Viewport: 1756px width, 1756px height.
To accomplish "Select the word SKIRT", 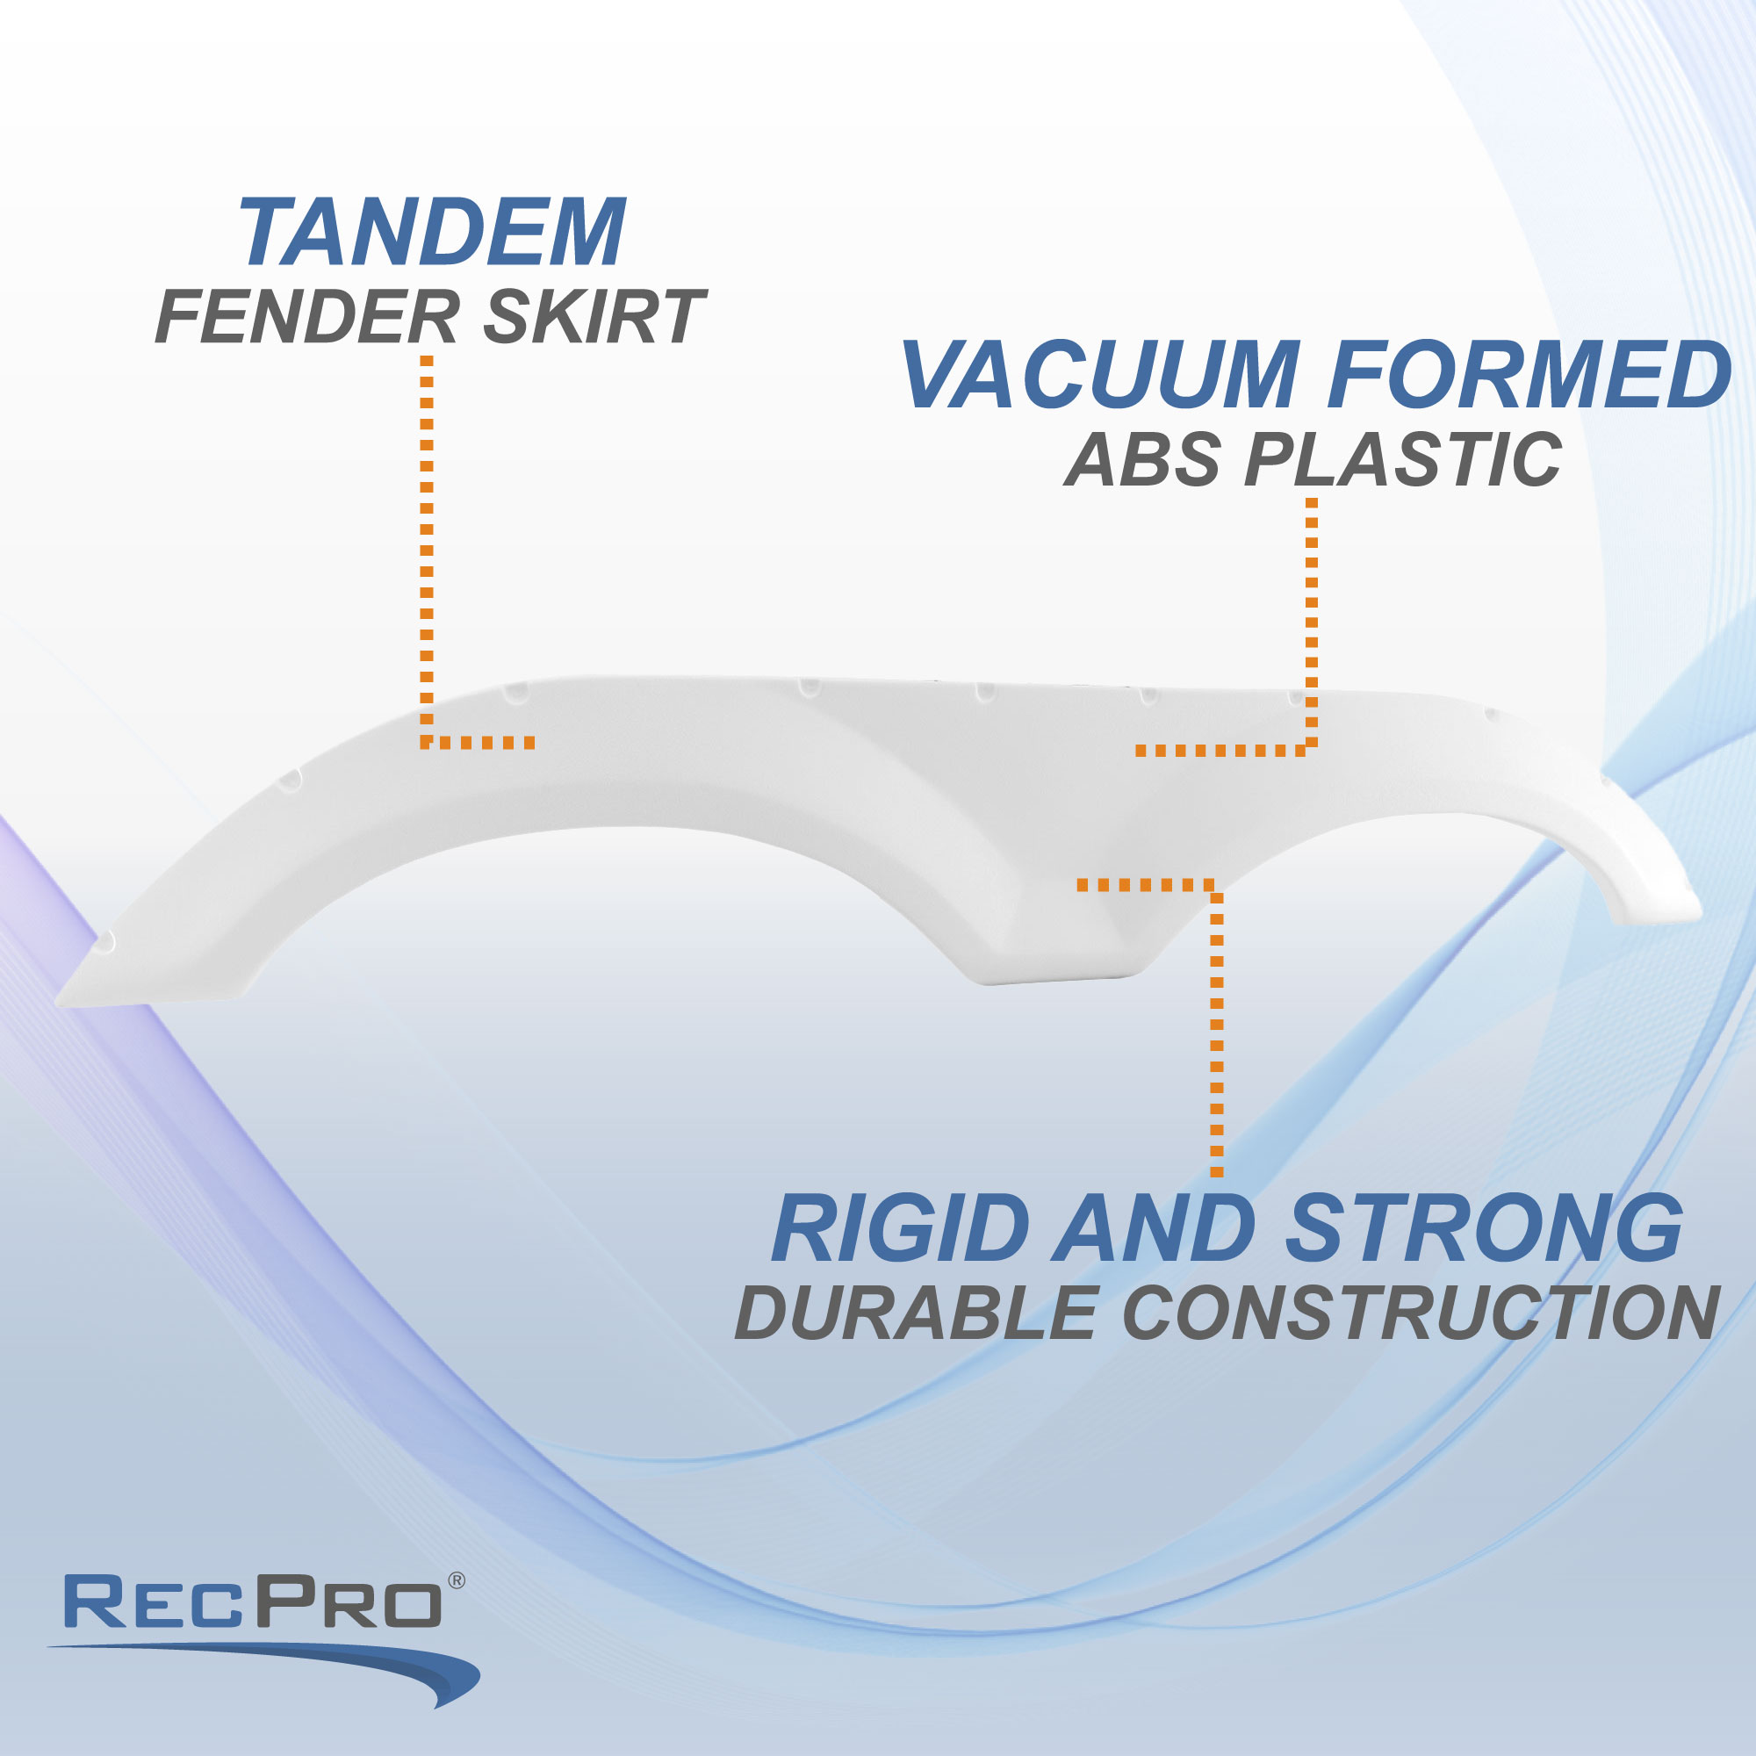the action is coord(594,317).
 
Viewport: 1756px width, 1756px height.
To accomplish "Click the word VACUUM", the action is coord(1100,375).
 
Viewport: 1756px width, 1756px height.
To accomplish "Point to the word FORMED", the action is coord(1529,375).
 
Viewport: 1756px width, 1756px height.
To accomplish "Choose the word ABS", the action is coord(1142,460).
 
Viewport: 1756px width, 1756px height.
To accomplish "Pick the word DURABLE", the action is coord(918,1313).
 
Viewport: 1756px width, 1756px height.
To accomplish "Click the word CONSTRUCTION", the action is coord(1421,1313).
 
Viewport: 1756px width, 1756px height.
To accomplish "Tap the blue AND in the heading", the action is coord(1155,1230).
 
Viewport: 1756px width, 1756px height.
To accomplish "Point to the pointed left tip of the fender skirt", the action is coord(57,1004).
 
